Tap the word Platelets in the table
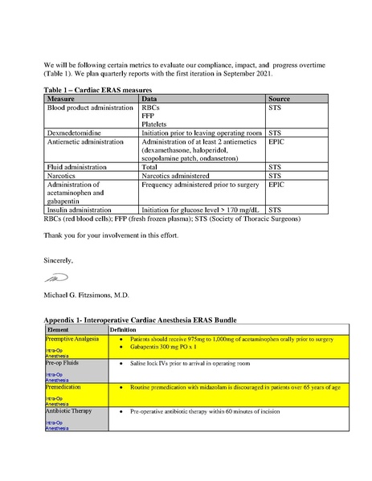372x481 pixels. pyautogui.click(x=156, y=124)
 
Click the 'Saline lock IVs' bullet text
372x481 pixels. pyautogui.click(x=186, y=364)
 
